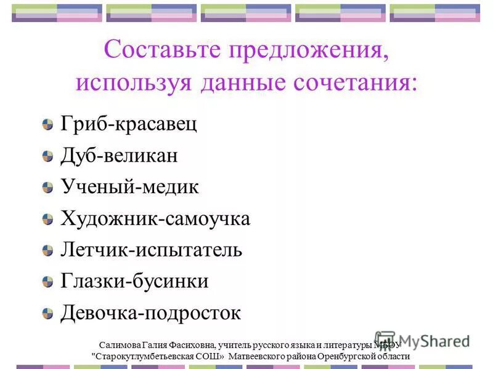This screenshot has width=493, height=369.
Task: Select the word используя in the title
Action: [134, 83]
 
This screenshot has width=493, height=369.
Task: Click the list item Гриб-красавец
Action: [129, 124]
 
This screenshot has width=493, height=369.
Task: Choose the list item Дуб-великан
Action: [119, 156]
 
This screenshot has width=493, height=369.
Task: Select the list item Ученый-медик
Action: [129, 187]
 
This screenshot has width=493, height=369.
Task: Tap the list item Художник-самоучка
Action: [155, 218]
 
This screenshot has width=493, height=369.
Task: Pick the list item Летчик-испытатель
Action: [151, 250]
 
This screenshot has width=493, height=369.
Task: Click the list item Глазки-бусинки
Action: [134, 281]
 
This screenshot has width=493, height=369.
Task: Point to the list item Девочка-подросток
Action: [150, 313]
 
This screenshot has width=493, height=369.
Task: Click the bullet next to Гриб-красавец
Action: [48, 125]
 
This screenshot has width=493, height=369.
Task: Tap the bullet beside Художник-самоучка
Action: [48, 220]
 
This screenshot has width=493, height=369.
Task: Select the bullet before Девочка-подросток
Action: [48, 314]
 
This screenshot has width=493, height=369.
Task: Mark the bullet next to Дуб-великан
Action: [48, 157]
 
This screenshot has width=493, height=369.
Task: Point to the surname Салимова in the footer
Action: [119, 345]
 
